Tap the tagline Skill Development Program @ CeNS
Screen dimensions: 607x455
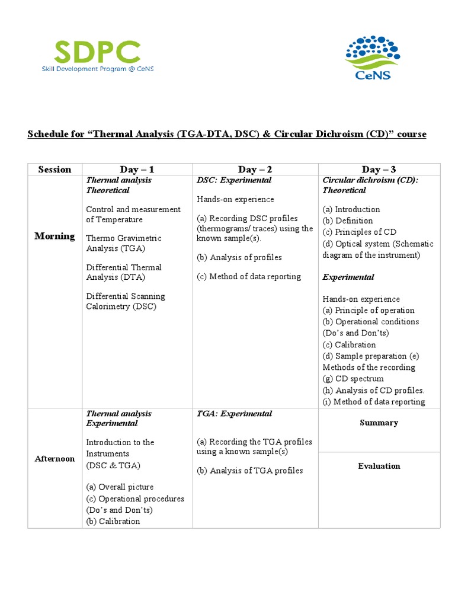[x=97, y=69]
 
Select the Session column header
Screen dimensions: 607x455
[x=55, y=170]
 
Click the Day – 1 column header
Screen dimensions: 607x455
[x=137, y=170]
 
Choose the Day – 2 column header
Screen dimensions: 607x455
[x=255, y=170]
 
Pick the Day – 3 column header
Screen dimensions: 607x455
[x=379, y=170]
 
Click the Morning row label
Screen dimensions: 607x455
[x=55, y=236]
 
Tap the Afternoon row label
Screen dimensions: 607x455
[x=55, y=459]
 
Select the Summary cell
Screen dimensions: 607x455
[x=379, y=423]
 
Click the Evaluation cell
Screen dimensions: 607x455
[x=379, y=466]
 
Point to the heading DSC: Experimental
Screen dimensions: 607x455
[x=234, y=180]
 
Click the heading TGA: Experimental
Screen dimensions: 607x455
[x=234, y=414]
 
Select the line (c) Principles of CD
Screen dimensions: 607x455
[x=359, y=232]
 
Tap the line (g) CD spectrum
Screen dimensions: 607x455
[x=353, y=379]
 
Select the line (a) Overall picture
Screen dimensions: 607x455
[x=120, y=487]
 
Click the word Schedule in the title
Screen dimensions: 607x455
[x=47, y=134]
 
